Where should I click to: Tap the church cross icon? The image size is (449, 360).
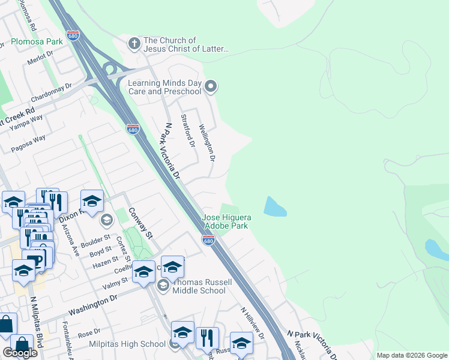click(x=133, y=44)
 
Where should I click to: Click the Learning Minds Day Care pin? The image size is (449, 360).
click(x=210, y=87)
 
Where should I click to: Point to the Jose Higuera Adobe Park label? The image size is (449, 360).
click(x=226, y=221)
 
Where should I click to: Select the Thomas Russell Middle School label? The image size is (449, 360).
click(x=199, y=286)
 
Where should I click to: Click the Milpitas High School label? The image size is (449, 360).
click(x=127, y=344)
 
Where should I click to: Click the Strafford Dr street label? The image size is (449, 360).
click(x=188, y=132)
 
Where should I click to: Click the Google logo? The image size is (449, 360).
click(x=20, y=353)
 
